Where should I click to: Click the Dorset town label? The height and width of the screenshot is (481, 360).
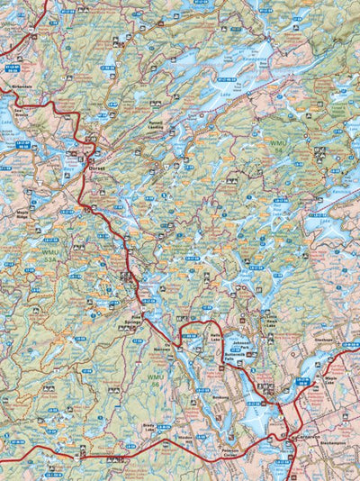pos(98,166)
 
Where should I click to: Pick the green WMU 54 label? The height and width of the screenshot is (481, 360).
pos(276,143)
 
